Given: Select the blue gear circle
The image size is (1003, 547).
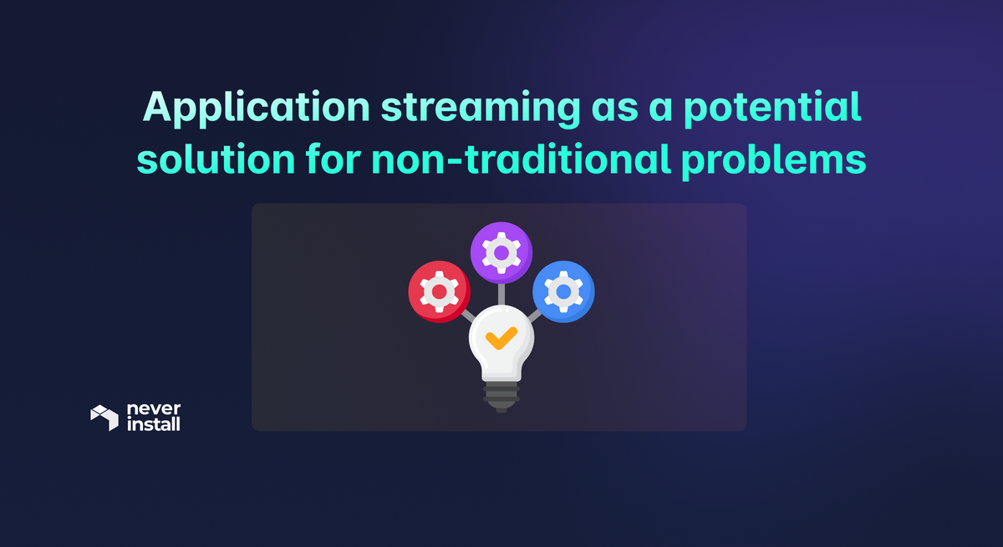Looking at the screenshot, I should [x=563, y=291].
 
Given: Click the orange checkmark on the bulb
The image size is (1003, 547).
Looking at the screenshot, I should [x=501, y=338].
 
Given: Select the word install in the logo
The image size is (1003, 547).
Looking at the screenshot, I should [x=152, y=425].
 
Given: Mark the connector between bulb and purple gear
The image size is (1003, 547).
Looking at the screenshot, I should [x=501, y=293].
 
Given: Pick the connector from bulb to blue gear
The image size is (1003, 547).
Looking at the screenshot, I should [x=534, y=316].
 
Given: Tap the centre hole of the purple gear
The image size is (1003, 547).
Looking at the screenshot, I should [x=501, y=252].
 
